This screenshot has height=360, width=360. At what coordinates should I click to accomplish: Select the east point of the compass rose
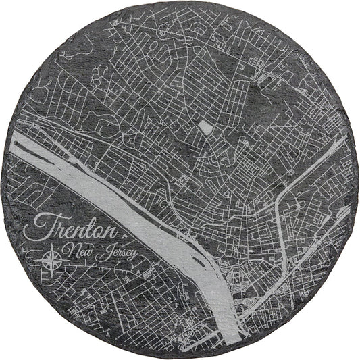(x=61, y=259)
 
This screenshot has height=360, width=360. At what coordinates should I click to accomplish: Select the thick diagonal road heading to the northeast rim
(x=317, y=162)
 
